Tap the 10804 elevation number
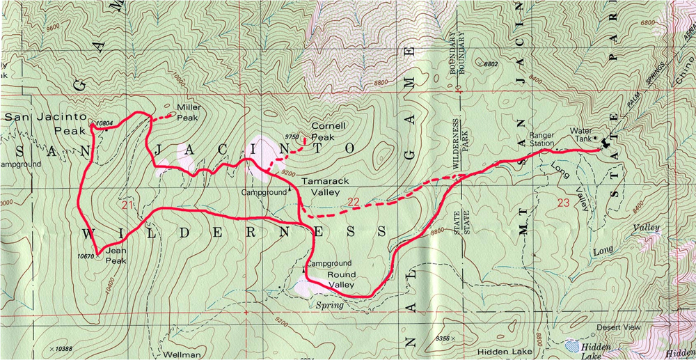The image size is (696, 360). (x=104, y=123)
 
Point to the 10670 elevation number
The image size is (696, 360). (x=86, y=256)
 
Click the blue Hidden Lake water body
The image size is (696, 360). (x=571, y=345)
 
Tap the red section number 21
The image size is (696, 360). (x=127, y=204)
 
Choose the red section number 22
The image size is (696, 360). (x=354, y=202)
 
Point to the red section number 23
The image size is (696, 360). (x=564, y=203)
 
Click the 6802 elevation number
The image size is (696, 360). (x=491, y=64)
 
